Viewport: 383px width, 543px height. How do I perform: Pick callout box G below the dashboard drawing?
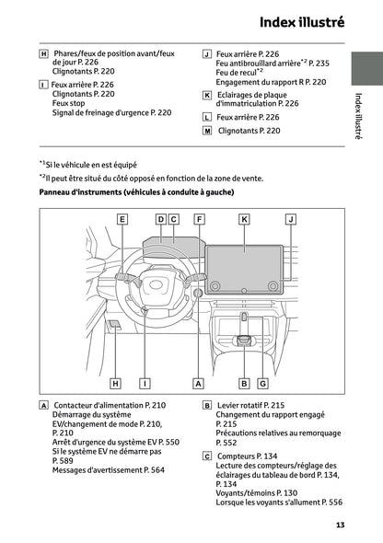[x=262, y=382]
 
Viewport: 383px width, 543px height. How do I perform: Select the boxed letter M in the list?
[x=207, y=132]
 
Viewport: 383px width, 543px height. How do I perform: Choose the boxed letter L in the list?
[x=207, y=118]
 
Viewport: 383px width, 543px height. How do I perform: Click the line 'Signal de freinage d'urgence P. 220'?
[x=111, y=112]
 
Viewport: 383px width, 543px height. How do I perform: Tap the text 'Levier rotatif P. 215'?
[x=250, y=405]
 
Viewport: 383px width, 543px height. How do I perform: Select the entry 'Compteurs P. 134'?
[x=245, y=456]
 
